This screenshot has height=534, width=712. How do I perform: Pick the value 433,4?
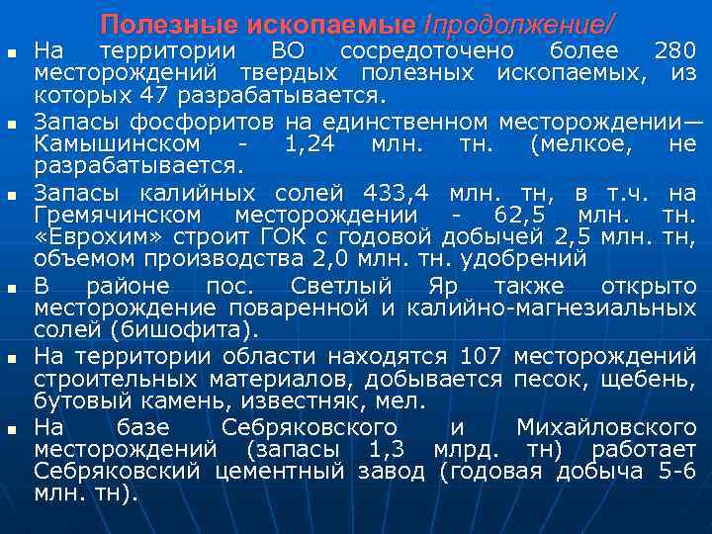(x=397, y=192)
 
